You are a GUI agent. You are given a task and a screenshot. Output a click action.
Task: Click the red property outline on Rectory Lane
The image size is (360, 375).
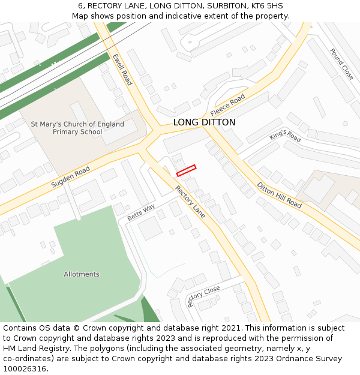(x=186, y=170)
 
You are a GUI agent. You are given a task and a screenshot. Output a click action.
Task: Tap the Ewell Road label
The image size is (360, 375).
(x=122, y=70)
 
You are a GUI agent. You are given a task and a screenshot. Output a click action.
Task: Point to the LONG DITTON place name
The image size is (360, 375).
(x=204, y=122)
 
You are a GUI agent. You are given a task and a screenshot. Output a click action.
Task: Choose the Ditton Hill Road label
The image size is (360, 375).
(x=279, y=195)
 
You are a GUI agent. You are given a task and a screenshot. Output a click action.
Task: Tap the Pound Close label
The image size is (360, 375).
(x=341, y=64)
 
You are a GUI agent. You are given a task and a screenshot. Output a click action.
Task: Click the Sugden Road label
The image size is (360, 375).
(x=70, y=177)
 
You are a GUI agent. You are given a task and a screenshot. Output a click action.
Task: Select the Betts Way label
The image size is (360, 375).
(x=141, y=211)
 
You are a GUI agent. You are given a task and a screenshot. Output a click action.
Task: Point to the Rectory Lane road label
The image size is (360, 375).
(x=190, y=201)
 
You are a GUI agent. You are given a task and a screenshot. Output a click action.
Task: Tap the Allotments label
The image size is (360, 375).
(x=82, y=274)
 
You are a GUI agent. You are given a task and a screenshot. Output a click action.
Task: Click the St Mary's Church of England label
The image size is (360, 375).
(x=77, y=124)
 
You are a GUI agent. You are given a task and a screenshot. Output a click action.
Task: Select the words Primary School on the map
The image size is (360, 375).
(x=77, y=132)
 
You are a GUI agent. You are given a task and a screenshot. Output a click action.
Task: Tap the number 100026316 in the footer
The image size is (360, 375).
(x=25, y=368)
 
